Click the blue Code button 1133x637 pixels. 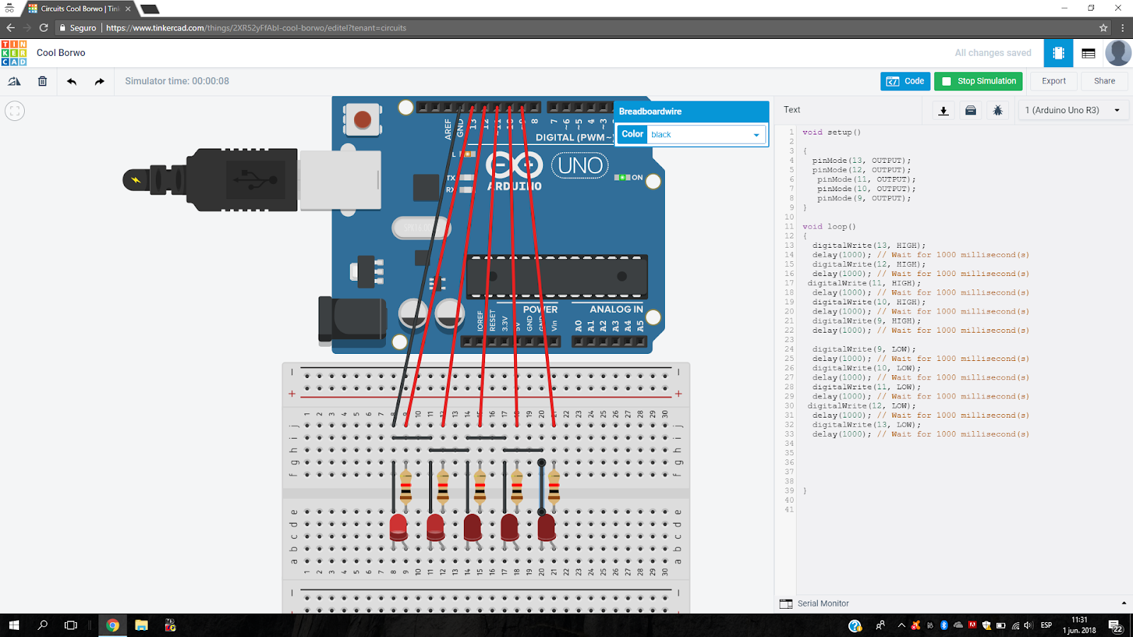pyautogui.click(x=905, y=81)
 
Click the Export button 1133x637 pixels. pyautogui.click(x=1053, y=81)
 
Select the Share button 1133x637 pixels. pyautogui.click(x=1104, y=81)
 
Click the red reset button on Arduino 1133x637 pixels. pyautogui.click(x=362, y=120)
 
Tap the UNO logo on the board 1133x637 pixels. pyautogui.click(x=580, y=166)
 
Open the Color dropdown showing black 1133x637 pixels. pyautogui.click(x=705, y=134)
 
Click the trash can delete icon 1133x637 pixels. pyautogui.click(x=42, y=81)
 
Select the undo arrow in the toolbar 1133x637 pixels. pyautogui.click(x=72, y=81)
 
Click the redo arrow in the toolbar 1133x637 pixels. pyautogui.click(x=99, y=81)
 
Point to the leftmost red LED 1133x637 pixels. pyautogui.click(x=399, y=527)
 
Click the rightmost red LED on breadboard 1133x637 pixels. pyautogui.click(x=546, y=527)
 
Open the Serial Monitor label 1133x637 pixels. pyautogui.click(x=822, y=604)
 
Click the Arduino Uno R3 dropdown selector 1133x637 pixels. pyautogui.click(x=1071, y=110)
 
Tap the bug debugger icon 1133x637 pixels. pyautogui.click(x=998, y=110)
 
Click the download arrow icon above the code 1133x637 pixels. pyautogui.click(x=943, y=110)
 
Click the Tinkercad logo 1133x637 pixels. pyautogui.click(x=14, y=53)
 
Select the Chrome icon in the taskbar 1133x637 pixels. pyautogui.click(x=113, y=625)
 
